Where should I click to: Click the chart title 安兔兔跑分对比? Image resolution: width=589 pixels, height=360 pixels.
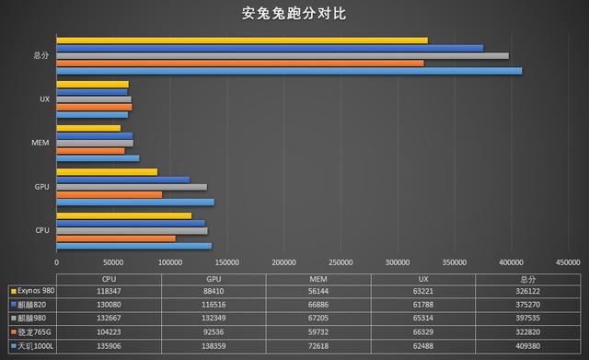click(x=294, y=14)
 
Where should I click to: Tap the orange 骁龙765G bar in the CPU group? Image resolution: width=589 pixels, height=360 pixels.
click(x=116, y=238)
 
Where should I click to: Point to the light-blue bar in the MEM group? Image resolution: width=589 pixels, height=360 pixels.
click(x=98, y=158)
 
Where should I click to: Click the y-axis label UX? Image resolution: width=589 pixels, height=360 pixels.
click(x=44, y=99)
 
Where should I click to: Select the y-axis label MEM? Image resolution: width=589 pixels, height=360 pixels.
click(x=40, y=143)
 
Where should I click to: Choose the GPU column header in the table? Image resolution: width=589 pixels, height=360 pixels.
click(x=214, y=277)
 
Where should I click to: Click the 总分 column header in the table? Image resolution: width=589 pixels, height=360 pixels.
click(x=526, y=277)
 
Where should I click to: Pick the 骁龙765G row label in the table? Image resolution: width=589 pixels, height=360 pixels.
click(x=33, y=330)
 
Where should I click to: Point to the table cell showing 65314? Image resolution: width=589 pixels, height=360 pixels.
click(x=422, y=317)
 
